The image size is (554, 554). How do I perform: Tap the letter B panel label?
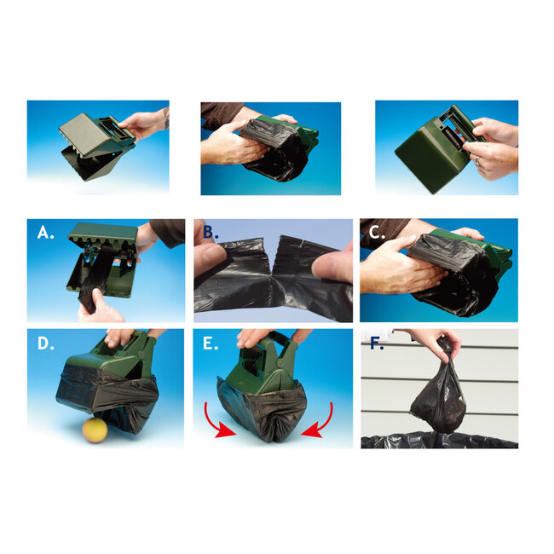click(x=210, y=232)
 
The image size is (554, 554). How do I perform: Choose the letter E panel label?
click(x=209, y=343)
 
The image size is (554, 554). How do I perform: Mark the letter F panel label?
click(x=375, y=344)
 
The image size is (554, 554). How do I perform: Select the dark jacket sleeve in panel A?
click(x=166, y=231)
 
